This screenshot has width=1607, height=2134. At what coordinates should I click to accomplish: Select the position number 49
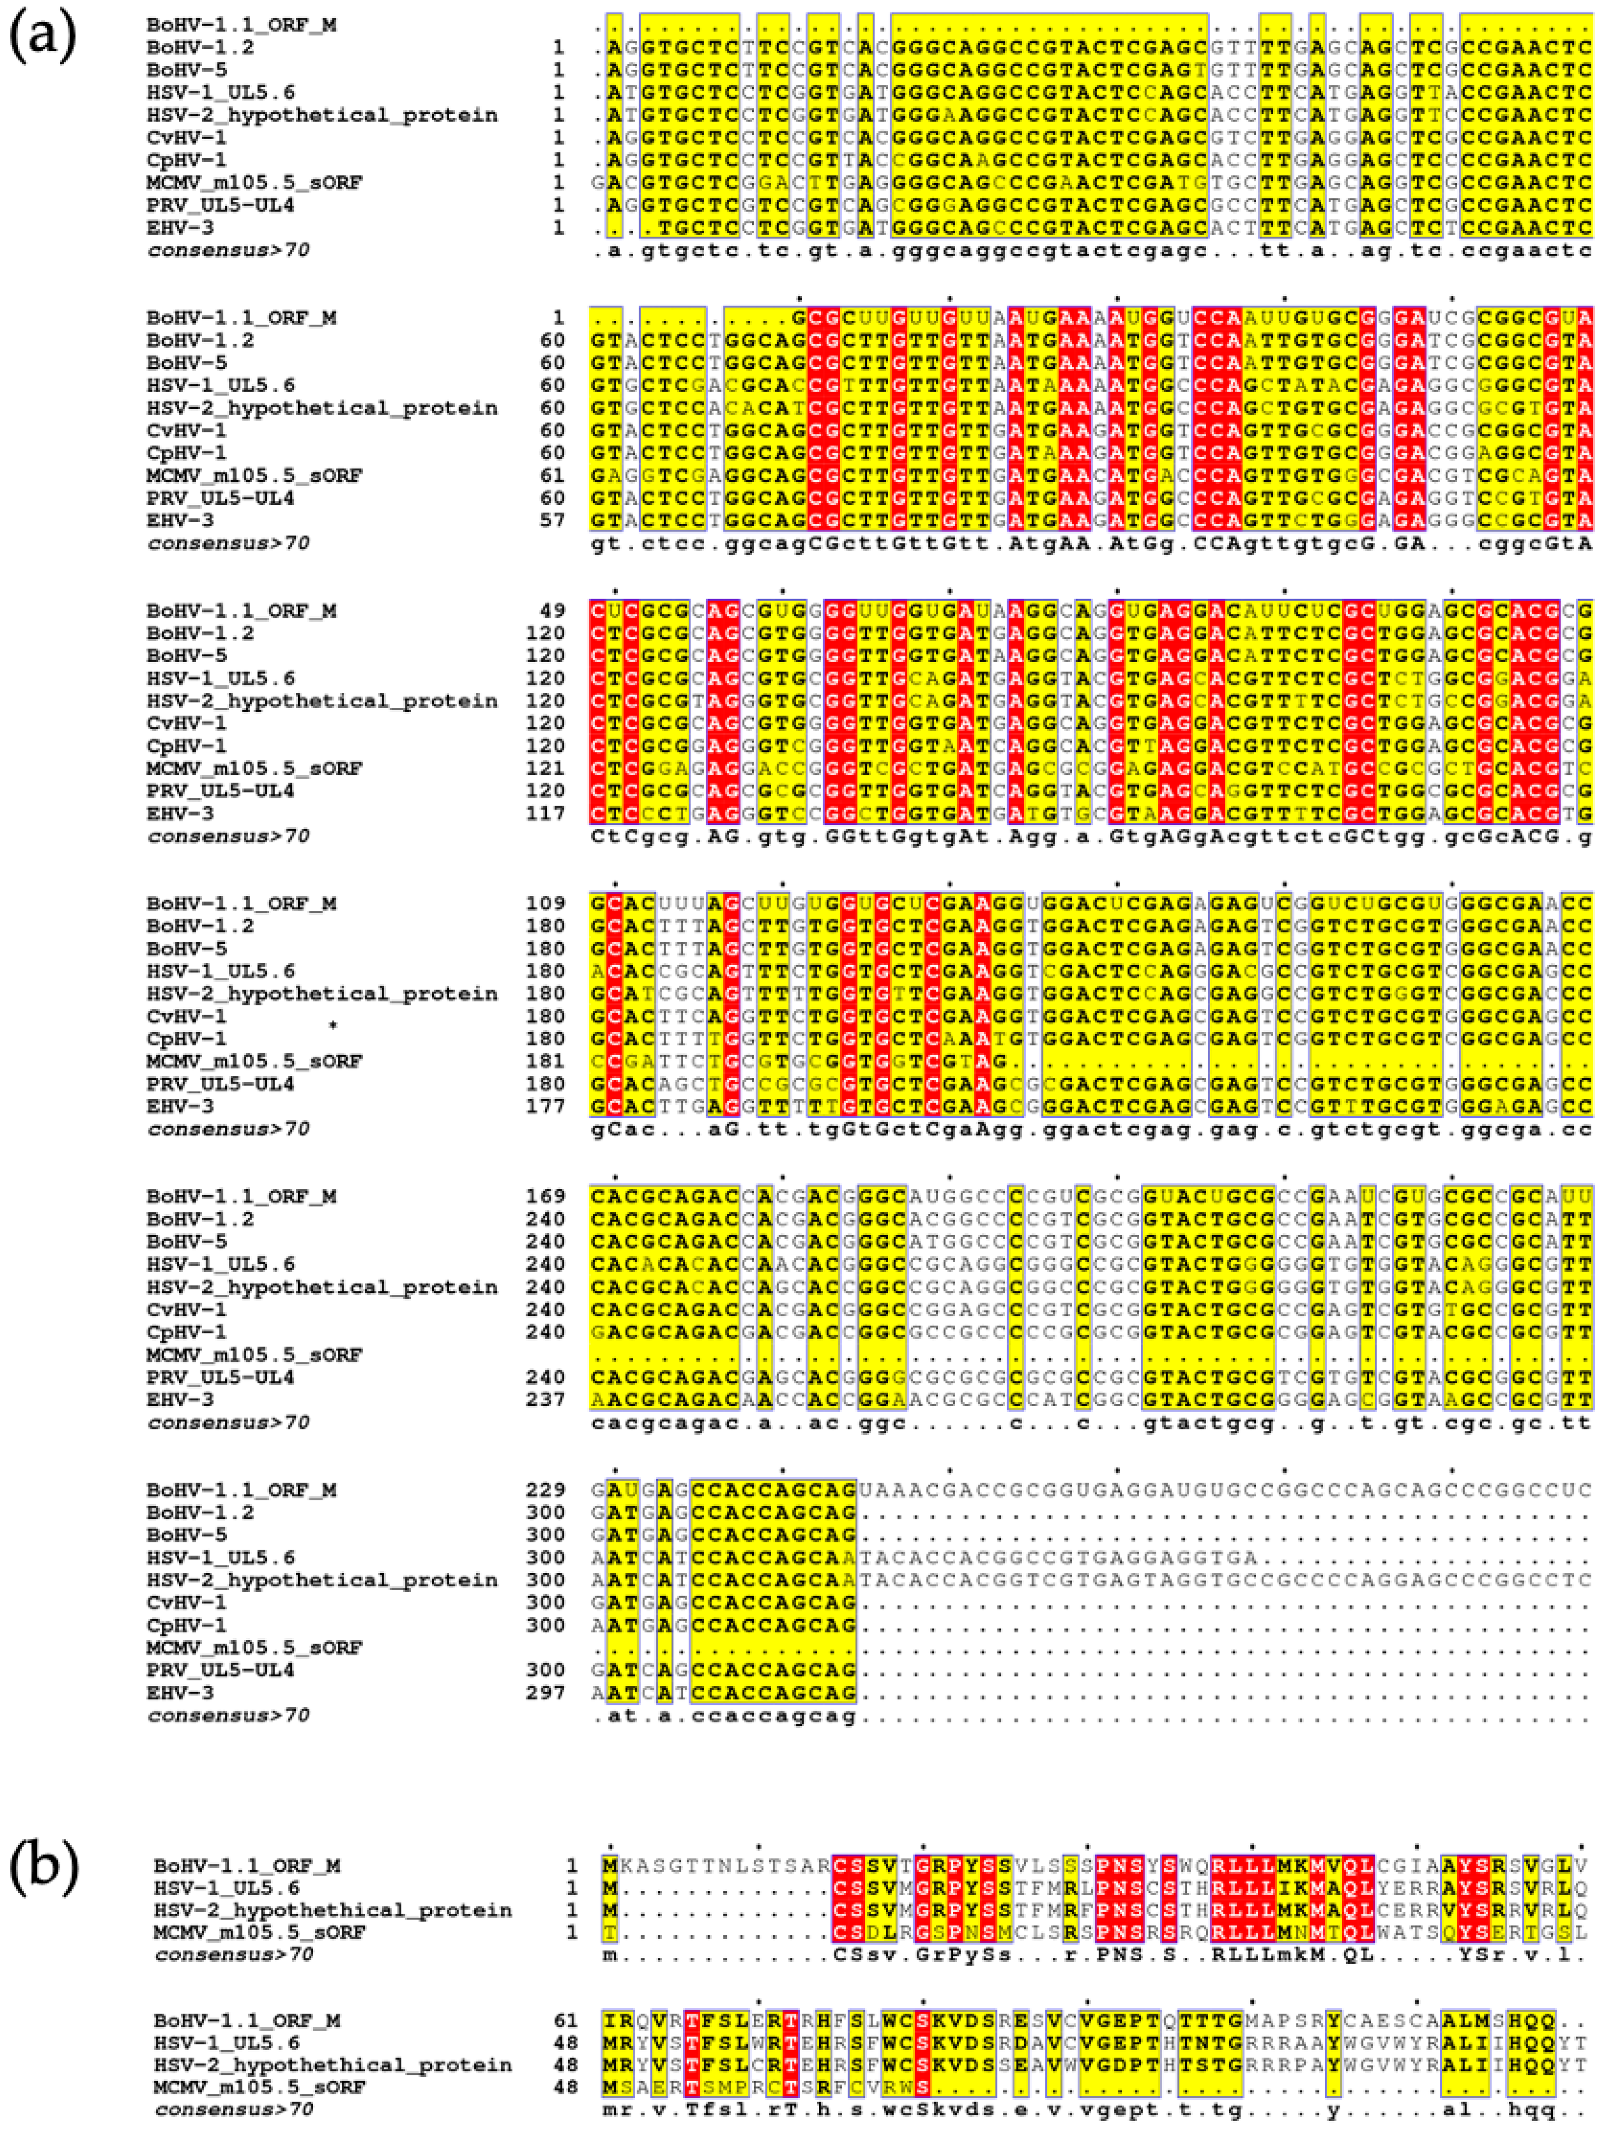pos(552,611)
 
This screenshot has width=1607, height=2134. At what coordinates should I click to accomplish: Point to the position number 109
pos(546,904)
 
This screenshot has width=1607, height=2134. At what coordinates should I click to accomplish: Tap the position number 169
pos(546,1196)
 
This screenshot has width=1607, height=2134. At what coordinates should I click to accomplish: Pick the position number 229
pos(546,1490)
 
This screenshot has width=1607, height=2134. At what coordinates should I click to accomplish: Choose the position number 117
pos(546,813)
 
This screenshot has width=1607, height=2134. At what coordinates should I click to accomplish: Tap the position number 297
pos(546,1692)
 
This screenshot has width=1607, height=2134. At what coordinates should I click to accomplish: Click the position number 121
pos(546,769)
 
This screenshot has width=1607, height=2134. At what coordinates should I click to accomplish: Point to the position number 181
pos(546,1061)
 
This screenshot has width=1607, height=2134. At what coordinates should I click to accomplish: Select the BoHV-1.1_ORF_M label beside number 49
pos(241,611)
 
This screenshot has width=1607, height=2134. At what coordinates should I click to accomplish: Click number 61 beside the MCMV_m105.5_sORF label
pos(552,476)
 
